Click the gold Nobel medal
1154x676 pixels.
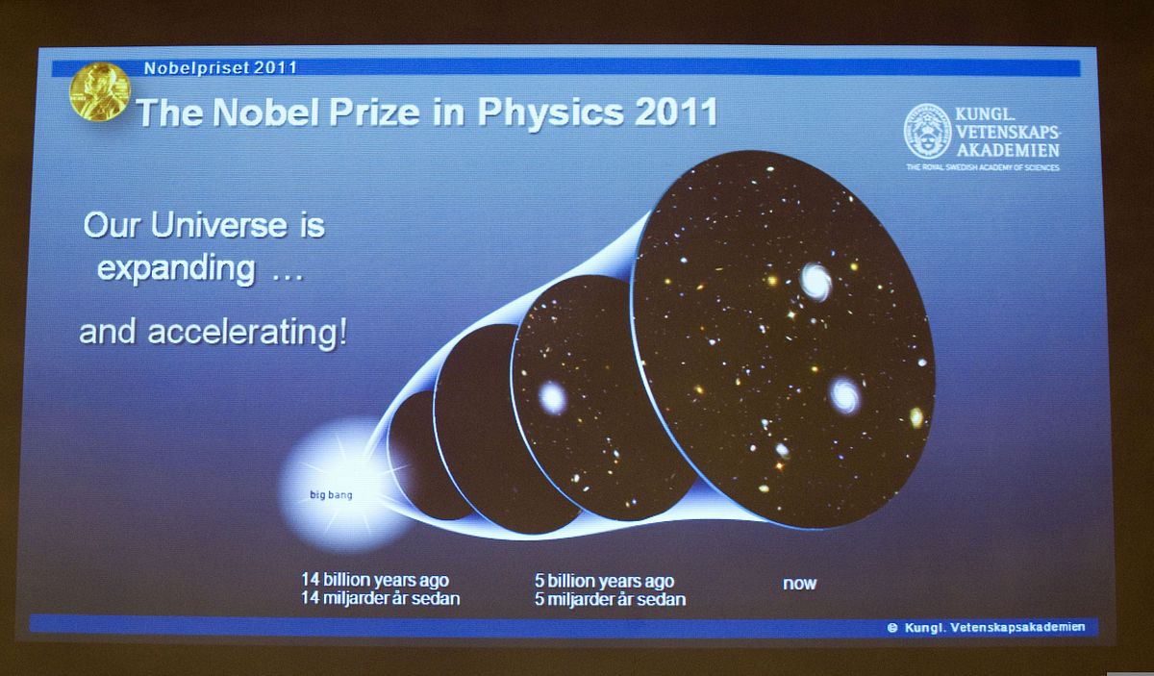point(100,91)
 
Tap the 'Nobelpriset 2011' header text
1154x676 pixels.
point(220,68)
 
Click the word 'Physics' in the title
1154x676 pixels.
point(550,112)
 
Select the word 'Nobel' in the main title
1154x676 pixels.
point(265,112)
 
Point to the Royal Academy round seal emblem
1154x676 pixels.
point(927,131)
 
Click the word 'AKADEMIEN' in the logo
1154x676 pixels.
point(1008,150)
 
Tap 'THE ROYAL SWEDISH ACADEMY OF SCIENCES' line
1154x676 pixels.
point(983,167)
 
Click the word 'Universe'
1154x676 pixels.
point(218,226)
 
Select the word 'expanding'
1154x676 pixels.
point(176,269)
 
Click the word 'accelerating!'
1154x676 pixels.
point(248,333)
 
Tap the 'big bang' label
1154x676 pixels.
point(331,495)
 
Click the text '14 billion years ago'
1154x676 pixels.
point(375,580)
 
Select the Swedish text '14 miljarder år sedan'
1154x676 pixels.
point(380,598)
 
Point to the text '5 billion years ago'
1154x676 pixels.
point(604,581)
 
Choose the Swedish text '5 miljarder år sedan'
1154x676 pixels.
point(610,599)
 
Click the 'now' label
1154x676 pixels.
point(799,584)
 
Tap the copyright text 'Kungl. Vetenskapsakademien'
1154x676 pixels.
point(994,627)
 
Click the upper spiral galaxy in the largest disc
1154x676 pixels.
point(815,281)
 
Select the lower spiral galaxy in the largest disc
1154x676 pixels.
point(845,395)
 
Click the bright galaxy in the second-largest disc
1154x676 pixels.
point(552,398)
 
